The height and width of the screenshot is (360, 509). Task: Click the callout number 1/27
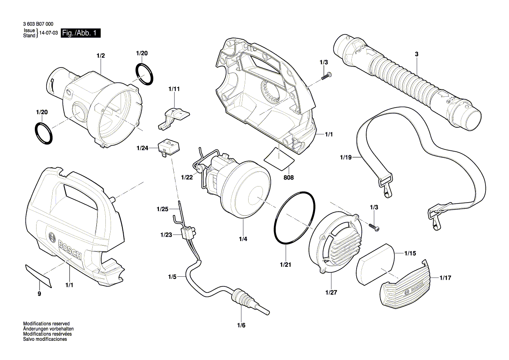(331, 293)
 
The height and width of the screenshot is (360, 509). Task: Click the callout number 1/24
(142, 148)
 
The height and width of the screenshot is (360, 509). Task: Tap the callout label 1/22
(186, 177)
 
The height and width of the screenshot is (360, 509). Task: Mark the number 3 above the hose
(416, 54)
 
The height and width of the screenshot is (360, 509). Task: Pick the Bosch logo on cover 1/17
(410, 289)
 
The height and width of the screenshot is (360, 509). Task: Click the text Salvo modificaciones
(45, 339)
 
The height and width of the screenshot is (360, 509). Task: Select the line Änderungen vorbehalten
(48, 329)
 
